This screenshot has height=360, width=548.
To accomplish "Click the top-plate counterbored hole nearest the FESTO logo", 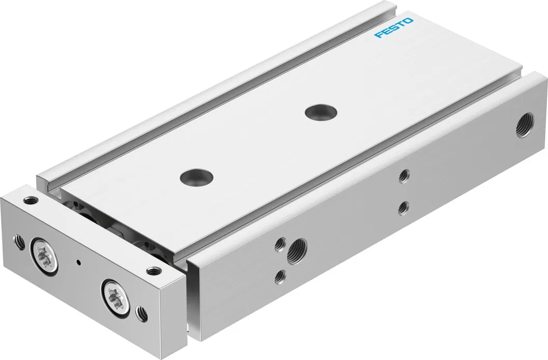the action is pyautogui.click(x=321, y=112).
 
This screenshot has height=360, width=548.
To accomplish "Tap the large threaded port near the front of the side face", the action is pyautogui.click(x=297, y=251).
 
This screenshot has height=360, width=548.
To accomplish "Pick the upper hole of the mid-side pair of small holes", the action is pyautogui.click(x=405, y=175).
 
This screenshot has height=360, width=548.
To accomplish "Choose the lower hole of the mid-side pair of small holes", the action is pyautogui.click(x=404, y=207).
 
